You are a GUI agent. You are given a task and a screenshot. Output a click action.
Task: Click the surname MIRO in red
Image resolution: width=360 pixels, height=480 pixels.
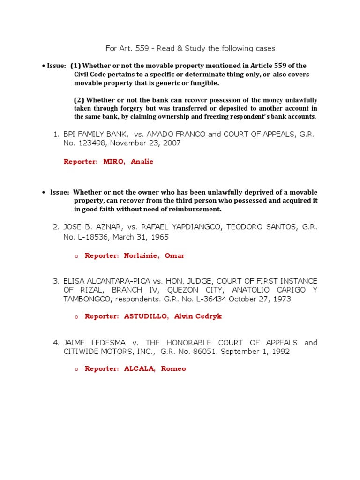(114, 162)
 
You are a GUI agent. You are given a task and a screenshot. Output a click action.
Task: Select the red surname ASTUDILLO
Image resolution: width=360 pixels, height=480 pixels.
(146, 316)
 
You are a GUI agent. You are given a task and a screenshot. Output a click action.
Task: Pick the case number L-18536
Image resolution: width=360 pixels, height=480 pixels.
(90, 237)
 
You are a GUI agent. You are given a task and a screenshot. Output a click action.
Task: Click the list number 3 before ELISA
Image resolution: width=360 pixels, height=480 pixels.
(56, 281)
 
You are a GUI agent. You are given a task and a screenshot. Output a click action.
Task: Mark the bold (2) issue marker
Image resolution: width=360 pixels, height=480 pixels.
(79, 100)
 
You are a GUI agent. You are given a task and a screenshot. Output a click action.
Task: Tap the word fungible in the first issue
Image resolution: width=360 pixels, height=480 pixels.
(204, 83)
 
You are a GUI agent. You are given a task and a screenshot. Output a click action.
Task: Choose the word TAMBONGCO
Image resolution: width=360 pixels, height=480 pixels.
(85, 299)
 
